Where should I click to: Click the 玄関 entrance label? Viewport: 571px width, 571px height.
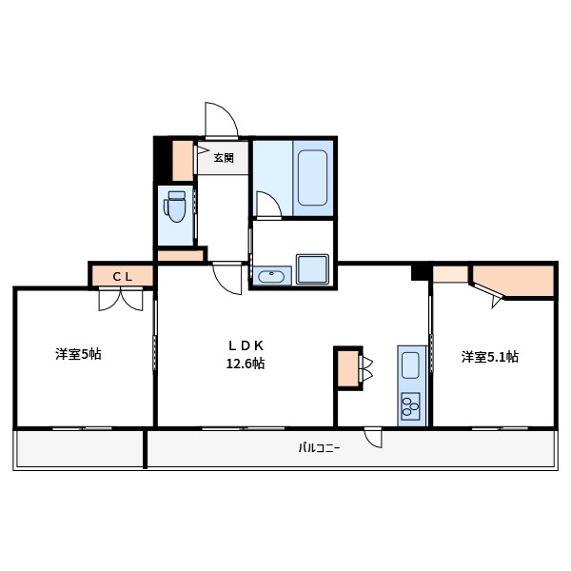point(224,157)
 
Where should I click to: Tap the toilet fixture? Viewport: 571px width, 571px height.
point(175,206)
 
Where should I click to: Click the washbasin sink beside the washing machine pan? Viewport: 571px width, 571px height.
point(271,277)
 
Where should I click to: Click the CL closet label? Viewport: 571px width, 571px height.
point(122,276)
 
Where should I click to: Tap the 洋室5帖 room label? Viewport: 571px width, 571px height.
point(78,355)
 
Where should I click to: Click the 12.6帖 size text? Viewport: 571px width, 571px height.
point(245,364)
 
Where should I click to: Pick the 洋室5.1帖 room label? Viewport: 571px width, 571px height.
point(490,357)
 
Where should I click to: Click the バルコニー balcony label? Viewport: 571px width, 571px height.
point(319,447)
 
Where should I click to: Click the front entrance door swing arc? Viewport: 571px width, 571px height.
point(221,118)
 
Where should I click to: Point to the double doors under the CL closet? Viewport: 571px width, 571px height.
point(122,299)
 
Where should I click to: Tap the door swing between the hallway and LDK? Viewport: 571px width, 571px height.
point(229,279)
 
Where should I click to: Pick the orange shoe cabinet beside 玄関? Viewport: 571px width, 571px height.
point(182,161)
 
